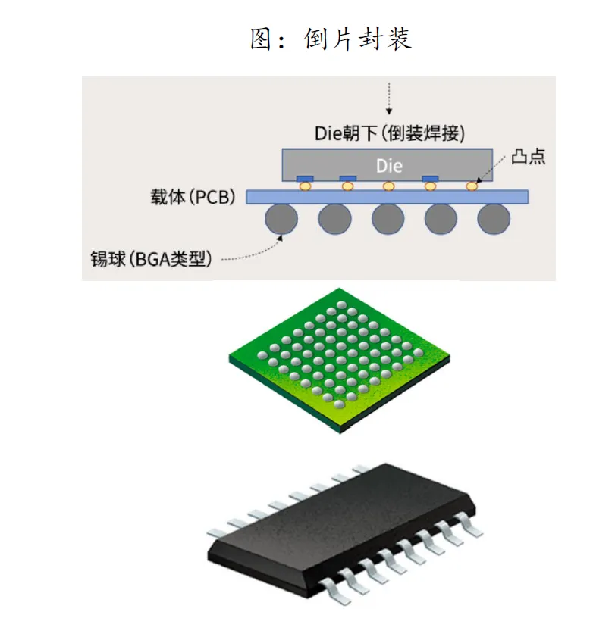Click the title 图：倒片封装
click(331, 39)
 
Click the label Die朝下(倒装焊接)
click(389, 133)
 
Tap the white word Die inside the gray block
click(390, 164)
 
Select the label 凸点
click(529, 157)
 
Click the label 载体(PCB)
click(193, 198)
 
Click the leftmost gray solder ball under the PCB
click(281, 219)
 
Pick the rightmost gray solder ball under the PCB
click(494, 219)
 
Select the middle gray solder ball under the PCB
click(388, 219)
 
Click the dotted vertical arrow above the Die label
click(388, 97)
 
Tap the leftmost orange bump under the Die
click(305, 186)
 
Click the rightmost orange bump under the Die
click(472, 186)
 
